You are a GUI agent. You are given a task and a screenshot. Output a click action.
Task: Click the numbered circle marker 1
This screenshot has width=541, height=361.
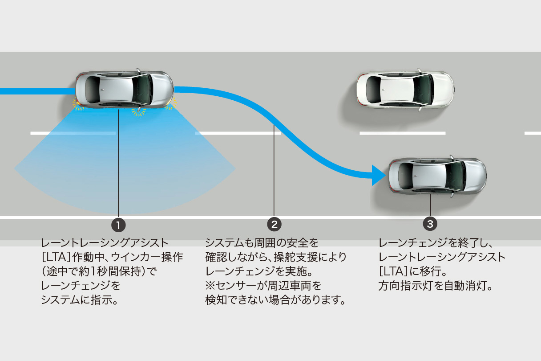[118, 225]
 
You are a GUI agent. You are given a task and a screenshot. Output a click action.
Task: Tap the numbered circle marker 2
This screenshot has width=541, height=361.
[274, 224]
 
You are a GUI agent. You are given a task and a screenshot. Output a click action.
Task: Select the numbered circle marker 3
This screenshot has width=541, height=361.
[430, 224]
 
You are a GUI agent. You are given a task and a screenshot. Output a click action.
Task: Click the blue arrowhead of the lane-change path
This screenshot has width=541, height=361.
[378, 175]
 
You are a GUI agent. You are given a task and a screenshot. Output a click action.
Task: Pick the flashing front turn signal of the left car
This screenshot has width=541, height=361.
[170, 104]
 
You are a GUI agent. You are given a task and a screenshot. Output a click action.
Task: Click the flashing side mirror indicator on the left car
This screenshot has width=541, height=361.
[138, 111]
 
